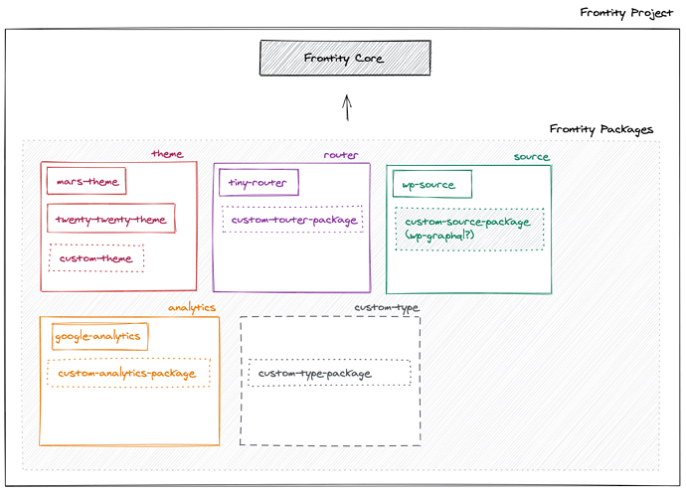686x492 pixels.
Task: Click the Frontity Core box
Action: click(x=345, y=58)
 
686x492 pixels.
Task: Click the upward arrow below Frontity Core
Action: click(x=346, y=107)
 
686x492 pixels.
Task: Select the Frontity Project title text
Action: click(x=626, y=13)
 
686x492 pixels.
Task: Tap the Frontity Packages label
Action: click(x=601, y=129)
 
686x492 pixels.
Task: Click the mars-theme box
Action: click(x=86, y=182)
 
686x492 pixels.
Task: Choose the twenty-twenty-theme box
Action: click(x=111, y=219)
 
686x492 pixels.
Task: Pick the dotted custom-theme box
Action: click(x=96, y=258)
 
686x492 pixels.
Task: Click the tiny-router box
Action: click(x=257, y=183)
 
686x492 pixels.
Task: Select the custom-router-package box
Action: click(x=292, y=220)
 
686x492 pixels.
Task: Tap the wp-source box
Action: click(x=431, y=185)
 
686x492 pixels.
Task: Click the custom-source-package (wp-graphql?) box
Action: click(x=469, y=229)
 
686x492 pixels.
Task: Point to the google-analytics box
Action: click(x=99, y=337)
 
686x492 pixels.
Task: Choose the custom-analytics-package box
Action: click(x=128, y=374)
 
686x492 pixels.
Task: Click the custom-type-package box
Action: click(x=328, y=374)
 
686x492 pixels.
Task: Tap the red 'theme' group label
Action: click(x=167, y=154)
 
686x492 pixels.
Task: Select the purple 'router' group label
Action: click(x=341, y=155)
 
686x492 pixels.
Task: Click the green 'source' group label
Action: click(x=531, y=157)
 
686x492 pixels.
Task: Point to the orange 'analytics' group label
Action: click(x=192, y=308)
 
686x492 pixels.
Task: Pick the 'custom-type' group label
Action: click(x=387, y=308)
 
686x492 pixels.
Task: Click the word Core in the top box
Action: click(x=369, y=58)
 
